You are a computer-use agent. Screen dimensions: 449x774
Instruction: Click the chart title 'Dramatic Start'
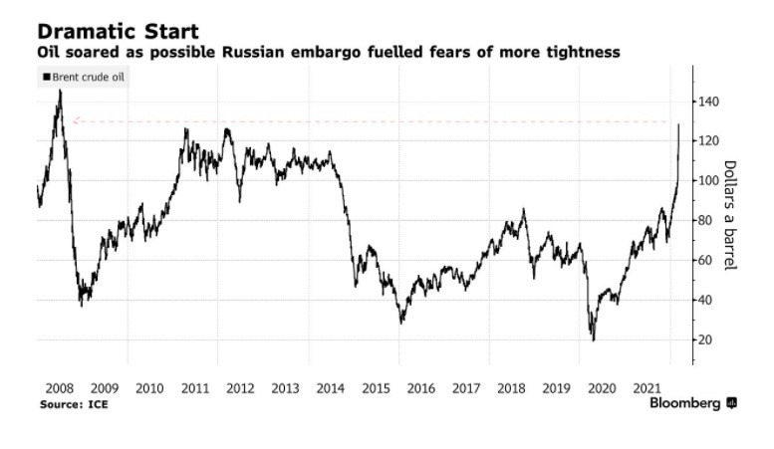tap(119, 31)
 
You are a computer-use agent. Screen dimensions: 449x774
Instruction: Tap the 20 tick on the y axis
tap(704, 340)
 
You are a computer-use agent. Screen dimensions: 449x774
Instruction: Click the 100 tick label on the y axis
tap(708, 181)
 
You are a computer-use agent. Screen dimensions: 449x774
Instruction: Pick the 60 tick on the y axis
tap(704, 261)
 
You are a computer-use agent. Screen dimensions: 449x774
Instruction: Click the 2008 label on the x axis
tap(60, 388)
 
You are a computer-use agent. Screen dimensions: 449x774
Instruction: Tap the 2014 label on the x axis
tap(330, 388)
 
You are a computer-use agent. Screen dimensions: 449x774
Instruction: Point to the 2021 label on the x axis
tap(645, 388)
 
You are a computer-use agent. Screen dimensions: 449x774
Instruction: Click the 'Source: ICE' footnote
tap(74, 405)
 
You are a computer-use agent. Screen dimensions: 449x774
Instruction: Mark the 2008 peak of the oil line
tap(60, 91)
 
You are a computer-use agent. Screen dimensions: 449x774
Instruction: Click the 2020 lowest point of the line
tap(594, 340)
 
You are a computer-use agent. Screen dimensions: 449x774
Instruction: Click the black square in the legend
tap(45, 77)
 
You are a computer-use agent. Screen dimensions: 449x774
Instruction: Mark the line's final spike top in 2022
tap(678, 124)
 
